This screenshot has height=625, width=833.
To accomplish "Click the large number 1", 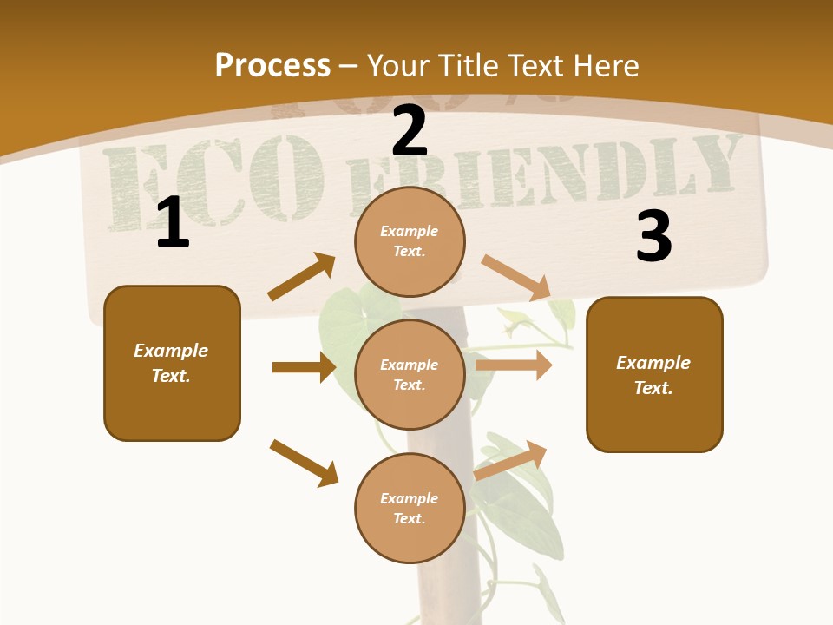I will [x=173, y=223].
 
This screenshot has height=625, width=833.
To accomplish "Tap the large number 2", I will [x=410, y=132].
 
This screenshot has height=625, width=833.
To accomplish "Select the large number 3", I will [x=653, y=236].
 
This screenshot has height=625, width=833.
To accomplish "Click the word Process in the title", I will [x=272, y=65].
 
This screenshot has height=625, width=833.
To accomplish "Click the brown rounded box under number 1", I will [x=172, y=363].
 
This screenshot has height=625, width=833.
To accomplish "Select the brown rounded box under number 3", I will [x=654, y=375].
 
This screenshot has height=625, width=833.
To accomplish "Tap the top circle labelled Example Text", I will [x=410, y=241].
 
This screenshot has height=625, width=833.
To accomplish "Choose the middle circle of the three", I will [x=410, y=375].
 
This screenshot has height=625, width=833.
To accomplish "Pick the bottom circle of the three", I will [x=410, y=509].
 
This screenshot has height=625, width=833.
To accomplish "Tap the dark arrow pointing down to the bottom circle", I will [x=304, y=463].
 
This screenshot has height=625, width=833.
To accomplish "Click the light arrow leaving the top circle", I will [x=516, y=277].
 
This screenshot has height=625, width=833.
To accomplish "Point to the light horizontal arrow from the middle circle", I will [x=514, y=365].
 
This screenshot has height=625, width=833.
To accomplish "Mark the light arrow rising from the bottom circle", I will [x=511, y=459].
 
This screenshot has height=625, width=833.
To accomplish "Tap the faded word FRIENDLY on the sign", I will [x=542, y=174].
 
